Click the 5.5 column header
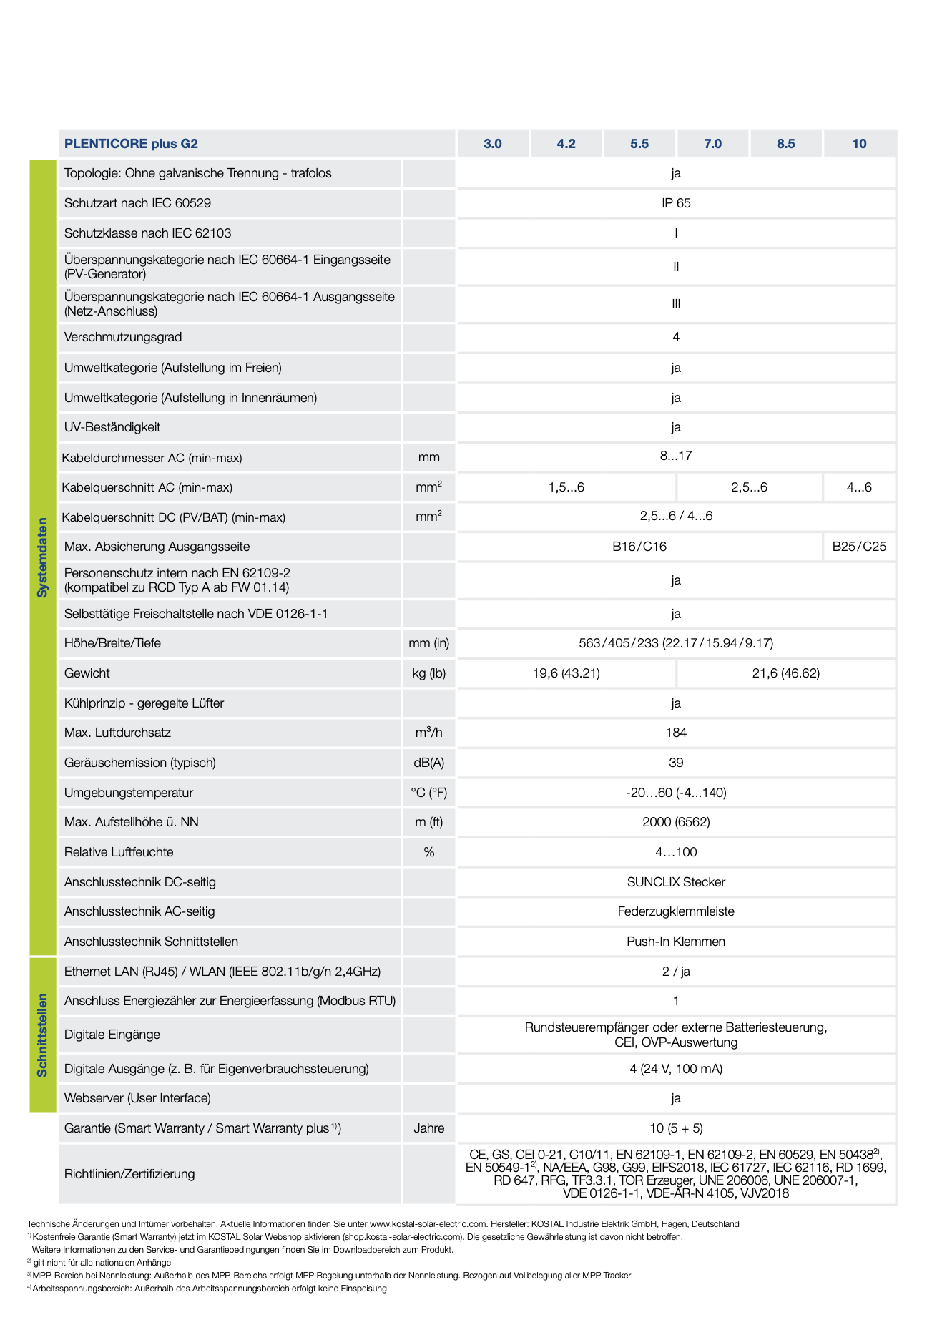639,144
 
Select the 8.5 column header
785,144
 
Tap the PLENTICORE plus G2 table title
131,144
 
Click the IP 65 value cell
676,203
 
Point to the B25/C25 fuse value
859,547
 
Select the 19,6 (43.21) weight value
566,673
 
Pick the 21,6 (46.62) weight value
785,673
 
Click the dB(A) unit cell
428,763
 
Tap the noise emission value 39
676,763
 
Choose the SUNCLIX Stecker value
676,882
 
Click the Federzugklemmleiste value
676,911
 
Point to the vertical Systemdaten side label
43,557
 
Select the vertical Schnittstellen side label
43,1035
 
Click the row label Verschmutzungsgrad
123,337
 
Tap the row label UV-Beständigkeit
112,427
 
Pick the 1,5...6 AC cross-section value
566,487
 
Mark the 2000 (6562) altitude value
676,822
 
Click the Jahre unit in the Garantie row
428,1128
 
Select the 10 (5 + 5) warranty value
676,1128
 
